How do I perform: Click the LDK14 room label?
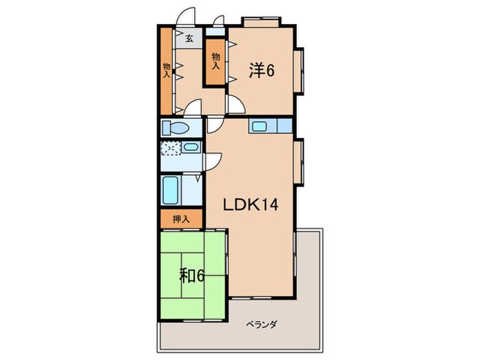coord(251,204)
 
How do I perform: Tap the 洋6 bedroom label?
coord(261,71)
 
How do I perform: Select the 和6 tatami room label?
coord(191,276)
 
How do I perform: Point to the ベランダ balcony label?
coord(262,324)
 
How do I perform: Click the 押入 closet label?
coord(181,219)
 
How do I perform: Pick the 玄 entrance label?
coord(189,38)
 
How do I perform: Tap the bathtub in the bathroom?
coord(170,190)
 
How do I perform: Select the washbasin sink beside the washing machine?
coord(191,147)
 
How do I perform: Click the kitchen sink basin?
coord(260,126)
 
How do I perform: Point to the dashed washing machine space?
coord(171,148)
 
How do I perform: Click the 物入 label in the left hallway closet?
coord(167,70)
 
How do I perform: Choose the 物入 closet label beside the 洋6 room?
coord(216,61)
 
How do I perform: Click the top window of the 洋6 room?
coord(261,22)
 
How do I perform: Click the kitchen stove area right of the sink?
coord(285,125)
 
